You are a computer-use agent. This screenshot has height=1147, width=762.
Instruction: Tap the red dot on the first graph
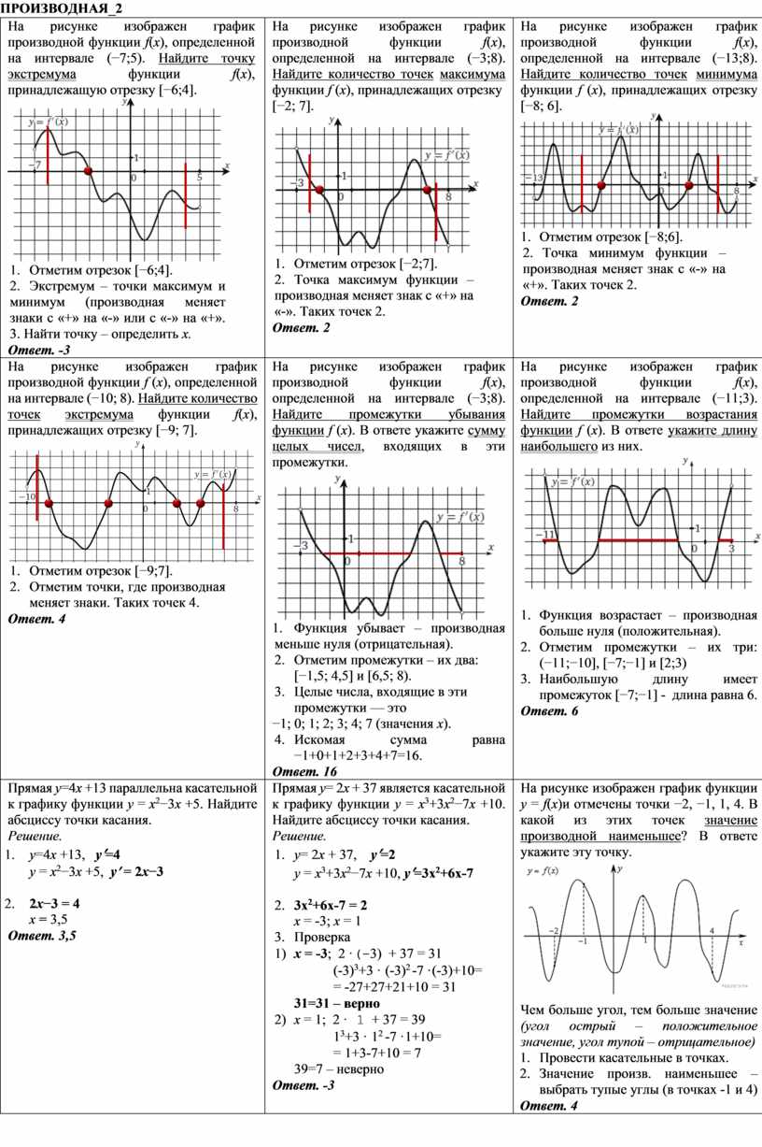point(89,172)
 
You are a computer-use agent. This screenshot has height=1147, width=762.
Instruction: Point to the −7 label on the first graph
point(35,165)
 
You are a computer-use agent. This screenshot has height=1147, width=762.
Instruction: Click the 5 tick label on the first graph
point(199,177)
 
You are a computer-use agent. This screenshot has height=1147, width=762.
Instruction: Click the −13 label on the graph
point(535,178)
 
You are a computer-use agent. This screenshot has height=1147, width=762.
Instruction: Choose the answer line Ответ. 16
point(304,771)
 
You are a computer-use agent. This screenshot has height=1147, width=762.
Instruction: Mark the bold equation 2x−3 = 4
point(54,904)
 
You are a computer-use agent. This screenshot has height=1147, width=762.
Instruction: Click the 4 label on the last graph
point(712,931)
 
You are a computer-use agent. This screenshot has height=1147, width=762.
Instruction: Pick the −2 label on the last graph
point(554,931)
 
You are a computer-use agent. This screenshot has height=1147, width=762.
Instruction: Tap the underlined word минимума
point(721,75)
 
